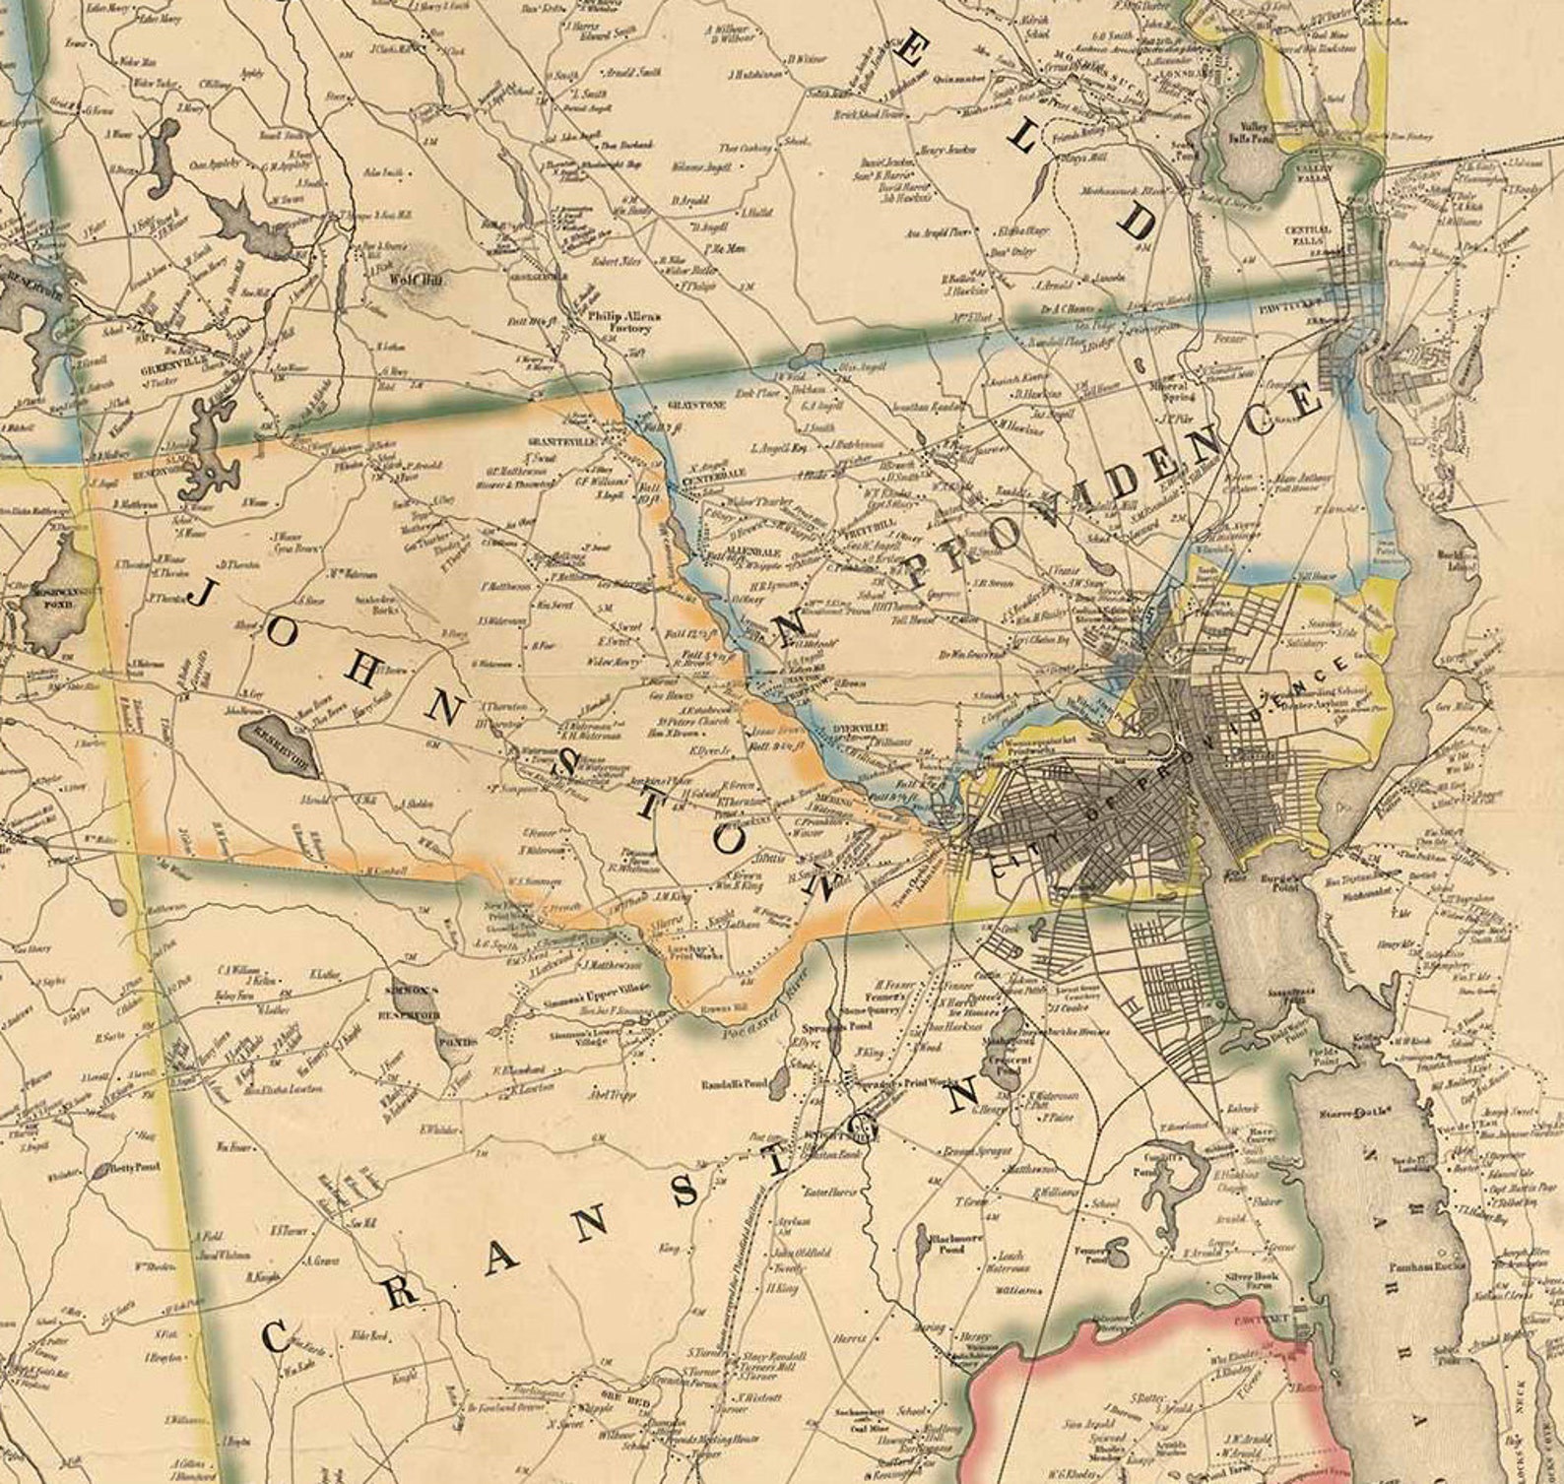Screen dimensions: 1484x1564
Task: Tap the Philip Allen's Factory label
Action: click(x=622, y=322)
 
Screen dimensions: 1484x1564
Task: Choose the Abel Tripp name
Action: click(x=611, y=1095)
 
